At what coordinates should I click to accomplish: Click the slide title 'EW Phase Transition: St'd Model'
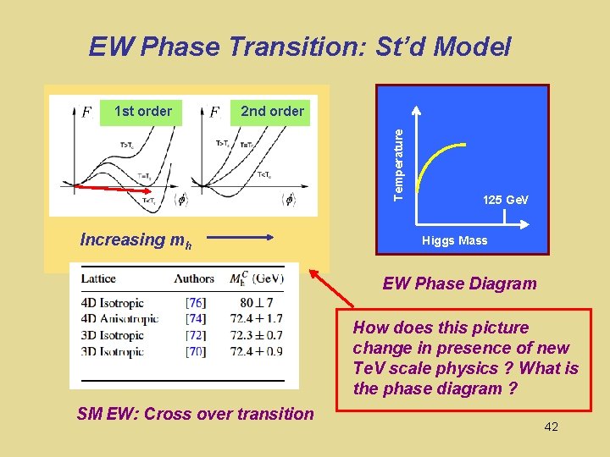[x=300, y=47]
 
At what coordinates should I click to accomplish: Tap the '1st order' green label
[x=142, y=112]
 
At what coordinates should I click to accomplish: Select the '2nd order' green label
[x=272, y=112]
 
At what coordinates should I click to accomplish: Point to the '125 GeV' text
[x=505, y=200]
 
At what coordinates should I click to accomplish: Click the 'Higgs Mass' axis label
[x=455, y=240]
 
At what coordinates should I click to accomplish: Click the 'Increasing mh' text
[x=136, y=240]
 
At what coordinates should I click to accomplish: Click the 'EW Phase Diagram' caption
[x=459, y=284]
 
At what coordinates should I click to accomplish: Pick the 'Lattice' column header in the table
[x=98, y=278]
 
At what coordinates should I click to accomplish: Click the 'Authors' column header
[x=194, y=278]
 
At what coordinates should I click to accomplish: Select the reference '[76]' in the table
[x=195, y=303]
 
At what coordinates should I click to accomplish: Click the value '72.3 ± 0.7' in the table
[x=256, y=335]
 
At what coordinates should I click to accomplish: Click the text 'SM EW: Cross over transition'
[x=195, y=414]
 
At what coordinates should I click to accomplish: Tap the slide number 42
[x=551, y=427]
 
